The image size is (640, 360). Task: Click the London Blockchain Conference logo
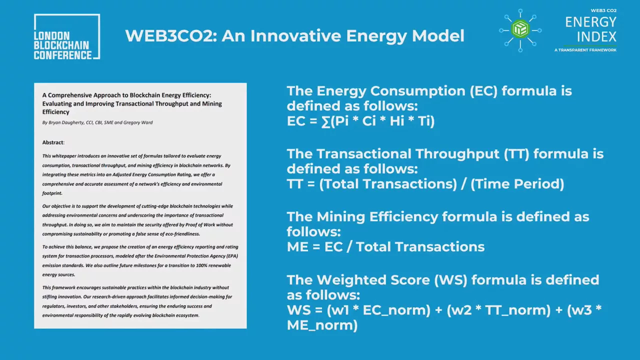pos(67,37)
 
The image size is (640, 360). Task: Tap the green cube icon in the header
pos(520,29)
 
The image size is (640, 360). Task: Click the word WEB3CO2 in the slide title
pos(171,36)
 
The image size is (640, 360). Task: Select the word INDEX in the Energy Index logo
pos(596,37)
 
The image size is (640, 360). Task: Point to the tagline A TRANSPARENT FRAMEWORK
pos(585,50)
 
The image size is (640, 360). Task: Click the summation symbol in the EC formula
pos(325,121)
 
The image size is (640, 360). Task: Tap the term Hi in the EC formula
pos(397,121)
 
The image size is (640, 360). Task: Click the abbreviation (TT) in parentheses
pos(516,154)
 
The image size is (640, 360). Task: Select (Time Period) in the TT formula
pos(517,184)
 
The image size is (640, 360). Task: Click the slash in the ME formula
pos(349,247)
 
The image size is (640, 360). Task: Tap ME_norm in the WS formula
pos(322,325)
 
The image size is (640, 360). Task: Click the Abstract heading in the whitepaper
pos(53,142)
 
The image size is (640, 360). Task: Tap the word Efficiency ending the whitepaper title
pos(55,112)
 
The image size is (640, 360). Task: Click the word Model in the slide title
pos(438,36)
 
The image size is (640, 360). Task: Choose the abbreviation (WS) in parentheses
pos(450,280)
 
